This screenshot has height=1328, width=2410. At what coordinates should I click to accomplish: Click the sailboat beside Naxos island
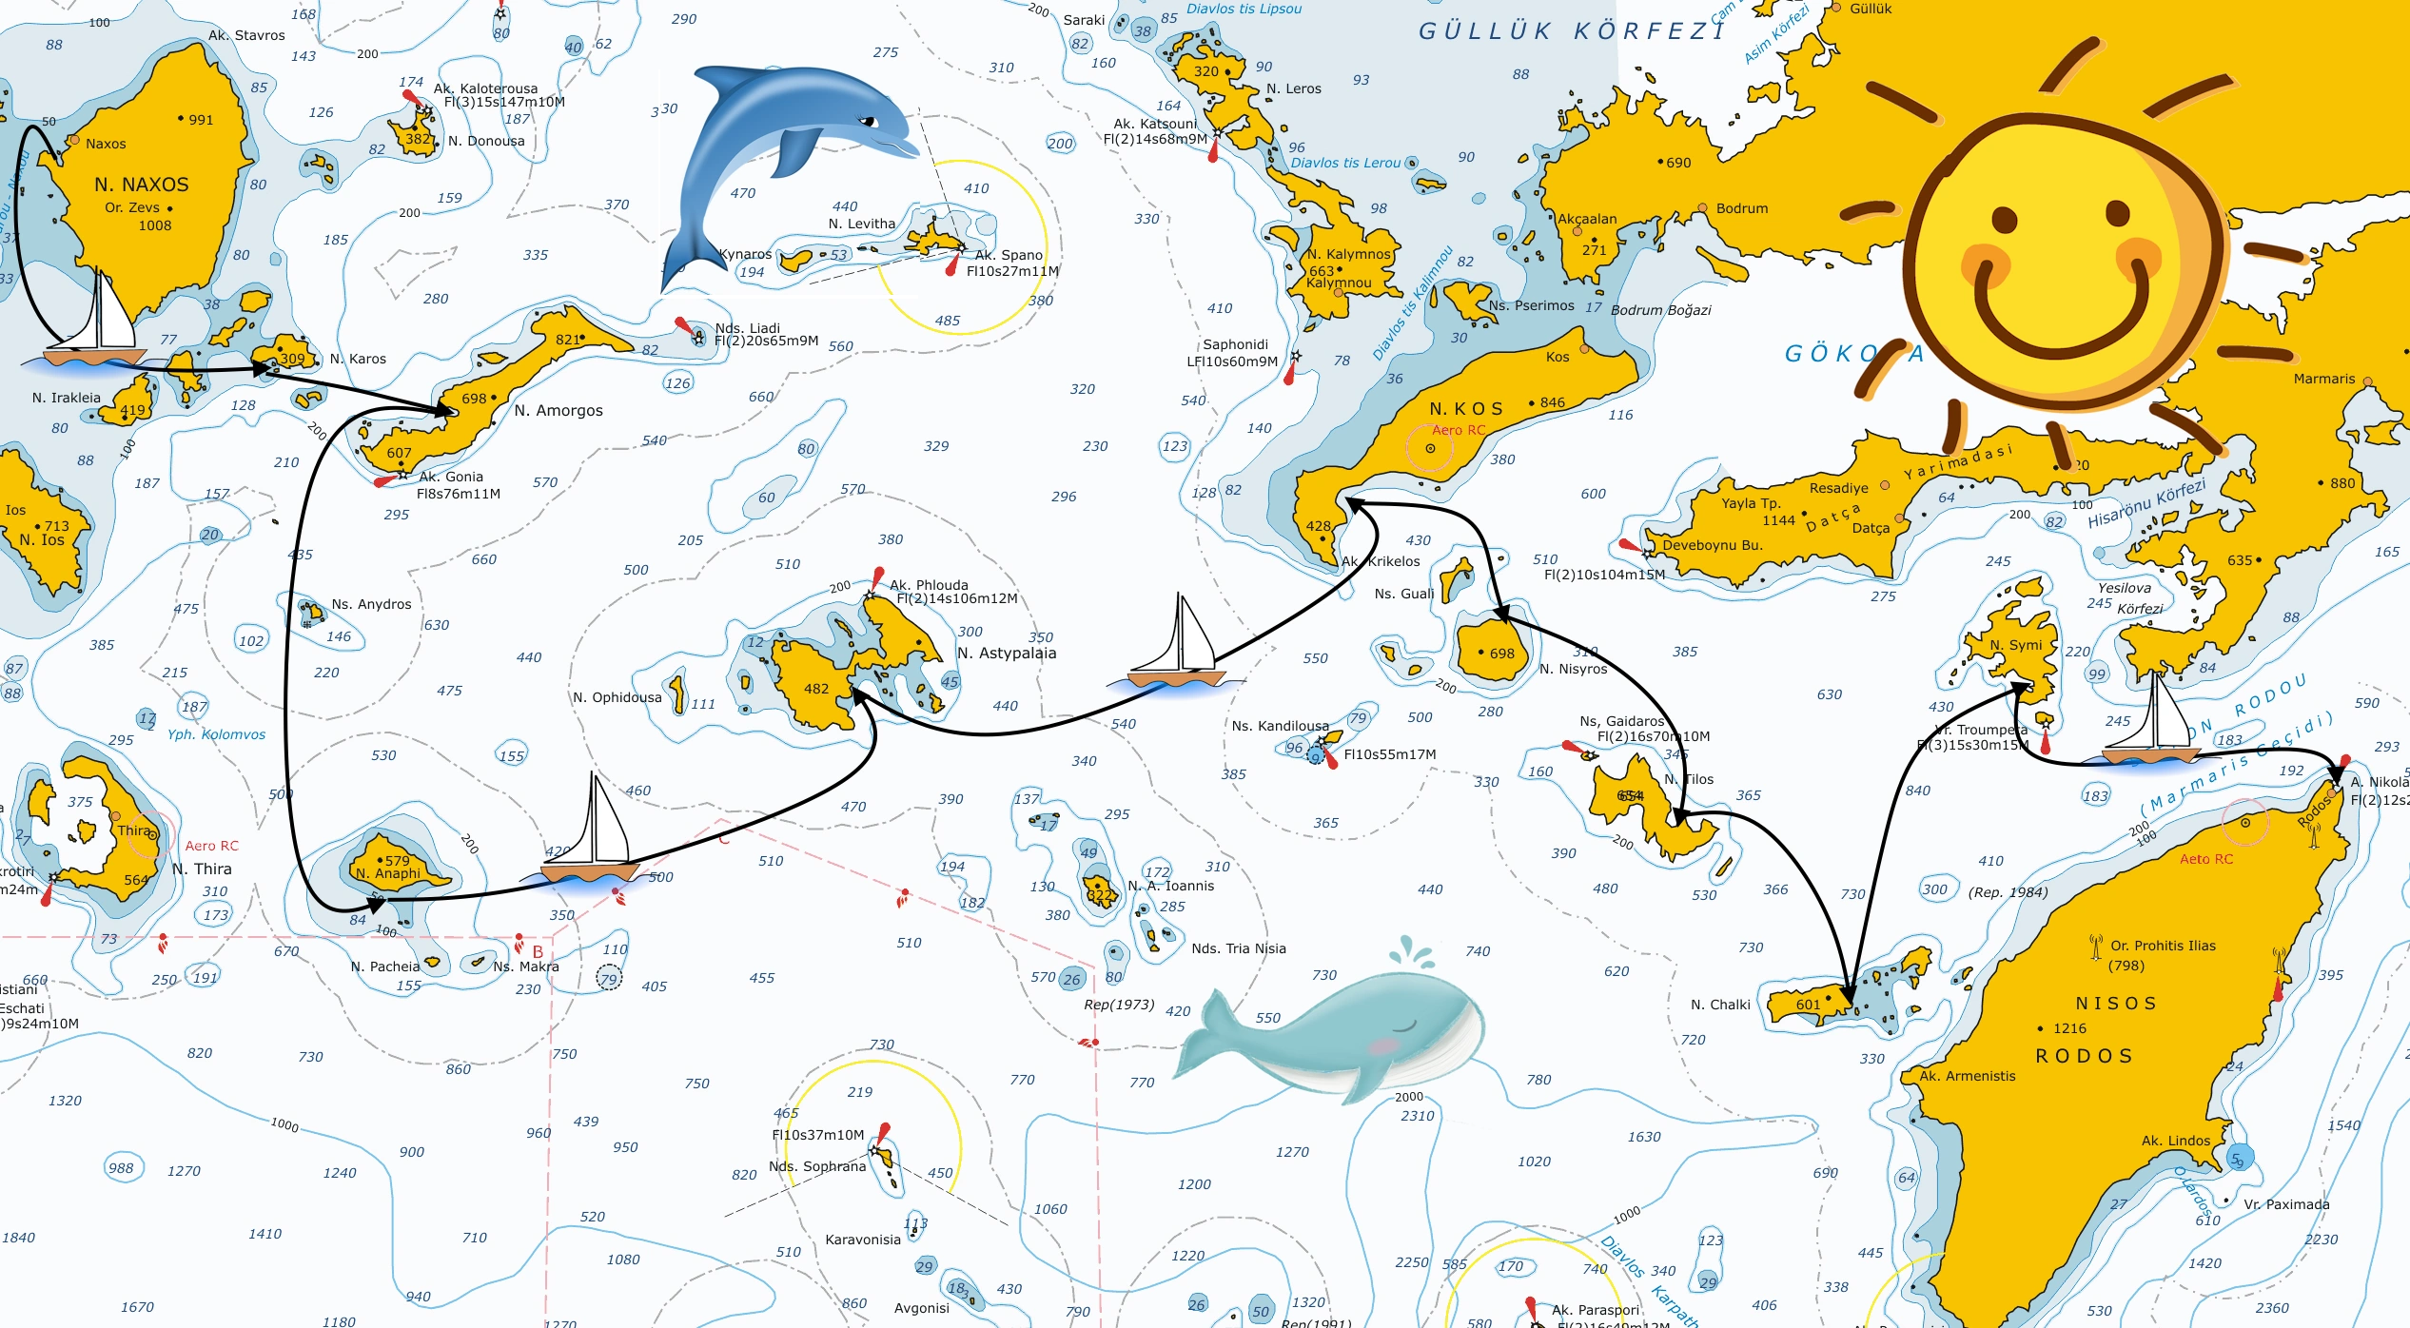[x=95, y=328]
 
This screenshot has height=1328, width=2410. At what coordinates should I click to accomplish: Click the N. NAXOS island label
[x=142, y=185]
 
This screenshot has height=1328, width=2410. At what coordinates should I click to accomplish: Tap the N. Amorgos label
[x=558, y=411]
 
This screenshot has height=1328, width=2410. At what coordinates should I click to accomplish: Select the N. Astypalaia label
[x=1007, y=654]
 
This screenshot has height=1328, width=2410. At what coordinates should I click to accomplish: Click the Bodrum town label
[x=1741, y=208]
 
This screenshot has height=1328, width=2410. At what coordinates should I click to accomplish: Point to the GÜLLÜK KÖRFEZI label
[x=1570, y=32]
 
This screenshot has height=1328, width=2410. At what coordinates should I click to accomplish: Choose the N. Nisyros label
[x=1574, y=670]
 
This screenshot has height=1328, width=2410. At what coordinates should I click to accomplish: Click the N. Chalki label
[x=1720, y=1005]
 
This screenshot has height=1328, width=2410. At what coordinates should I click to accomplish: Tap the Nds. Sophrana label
[x=817, y=1167]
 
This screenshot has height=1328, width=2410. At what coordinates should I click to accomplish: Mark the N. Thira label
[x=202, y=869]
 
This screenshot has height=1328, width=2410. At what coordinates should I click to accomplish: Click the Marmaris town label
[x=2323, y=379]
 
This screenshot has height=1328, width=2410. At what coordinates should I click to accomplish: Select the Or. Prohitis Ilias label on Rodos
[x=2163, y=946]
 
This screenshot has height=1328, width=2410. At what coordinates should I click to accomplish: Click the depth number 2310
[x=1418, y=1116]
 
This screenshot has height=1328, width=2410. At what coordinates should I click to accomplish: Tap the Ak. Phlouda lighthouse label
[x=929, y=585]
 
